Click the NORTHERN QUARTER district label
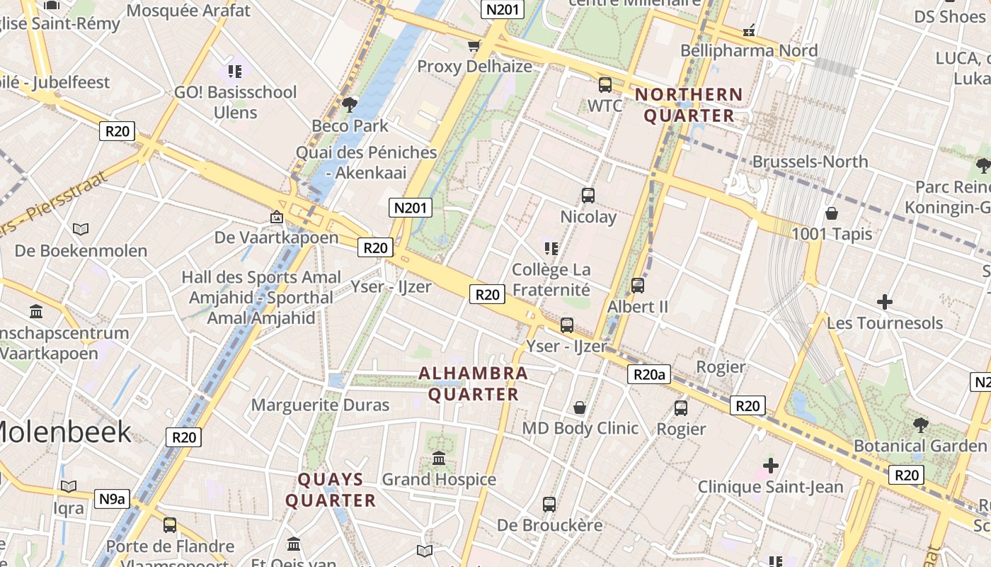coord(689,105)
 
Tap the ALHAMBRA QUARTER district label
coord(473,383)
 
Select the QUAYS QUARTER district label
coord(331,490)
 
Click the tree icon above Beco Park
coord(349,105)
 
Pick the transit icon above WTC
coord(605,85)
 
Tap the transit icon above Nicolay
coord(588,196)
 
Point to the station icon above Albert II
coord(638,286)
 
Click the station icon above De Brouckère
coord(549,505)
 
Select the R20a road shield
coord(648,374)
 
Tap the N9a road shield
coord(112,498)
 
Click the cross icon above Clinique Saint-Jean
coord(771,466)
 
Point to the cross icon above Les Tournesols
coord(884,302)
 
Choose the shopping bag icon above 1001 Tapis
coord(832,213)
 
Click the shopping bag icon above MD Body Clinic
coord(580,408)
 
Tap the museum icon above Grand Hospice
coord(439,459)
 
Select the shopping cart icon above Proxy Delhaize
coord(474,46)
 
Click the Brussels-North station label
coord(810,162)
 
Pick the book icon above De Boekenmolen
coord(81,229)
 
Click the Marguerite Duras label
coord(321,405)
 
